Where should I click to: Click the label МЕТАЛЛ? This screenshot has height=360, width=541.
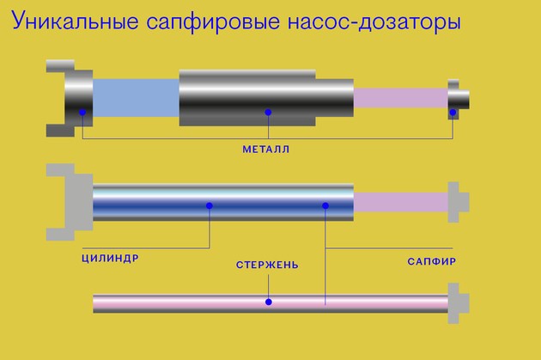[x=265, y=149]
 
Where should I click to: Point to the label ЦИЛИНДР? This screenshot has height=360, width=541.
[x=110, y=257]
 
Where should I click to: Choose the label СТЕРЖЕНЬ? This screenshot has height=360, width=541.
[x=267, y=265]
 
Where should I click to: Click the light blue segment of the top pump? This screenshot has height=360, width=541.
[x=136, y=97]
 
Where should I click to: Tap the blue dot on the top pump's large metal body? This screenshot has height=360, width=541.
[x=268, y=113]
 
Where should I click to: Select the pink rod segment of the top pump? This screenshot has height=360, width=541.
[x=400, y=97]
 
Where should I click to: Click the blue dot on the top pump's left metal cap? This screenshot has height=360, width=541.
[x=82, y=113]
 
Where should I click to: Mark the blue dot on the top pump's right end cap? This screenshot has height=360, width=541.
[x=454, y=113]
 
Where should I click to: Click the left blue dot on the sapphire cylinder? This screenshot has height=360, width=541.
[x=210, y=205]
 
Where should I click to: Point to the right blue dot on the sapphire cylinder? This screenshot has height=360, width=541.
[x=325, y=205]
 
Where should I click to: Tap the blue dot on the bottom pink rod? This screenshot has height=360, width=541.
[x=268, y=302]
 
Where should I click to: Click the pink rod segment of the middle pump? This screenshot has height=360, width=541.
[x=400, y=203]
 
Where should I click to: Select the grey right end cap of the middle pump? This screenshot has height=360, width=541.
[x=458, y=203]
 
